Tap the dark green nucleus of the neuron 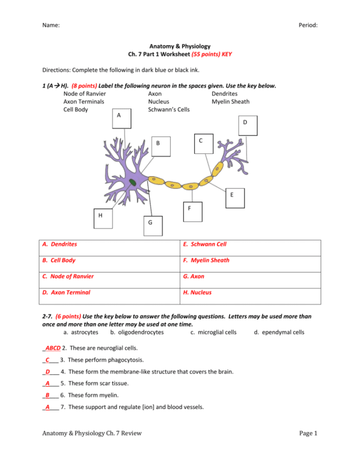tap(134, 184)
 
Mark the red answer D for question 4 tap(47, 372)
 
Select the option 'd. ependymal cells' tap(279, 332)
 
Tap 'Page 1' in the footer tap(308, 433)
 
